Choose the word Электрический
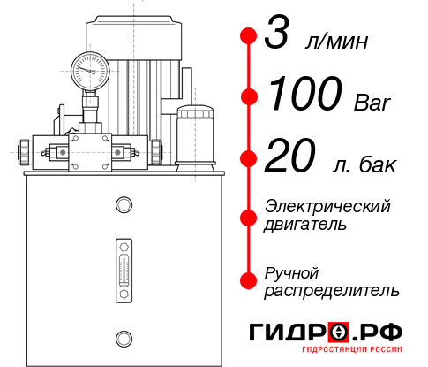click(x=327, y=206)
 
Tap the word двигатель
click(x=305, y=226)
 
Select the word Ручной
click(x=291, y=271)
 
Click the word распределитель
click(x=332, y=290)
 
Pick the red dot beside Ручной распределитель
click(x=249, y=280)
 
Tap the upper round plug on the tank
click(x=123, y=206)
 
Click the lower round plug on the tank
click(x=123, y=337)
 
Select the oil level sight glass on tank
click(x=123, y=266)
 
